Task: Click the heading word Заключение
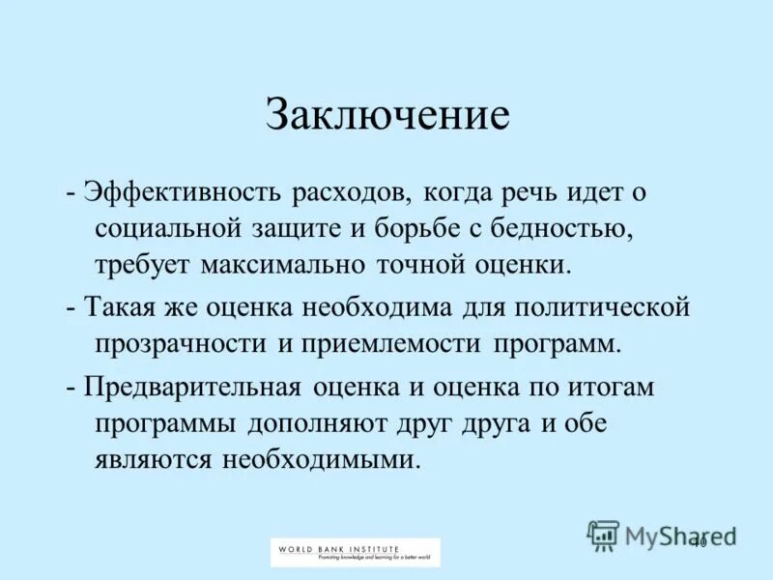[x=387, y=116]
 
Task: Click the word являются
[x=153, y=459]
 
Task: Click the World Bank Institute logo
[x=355, y=552]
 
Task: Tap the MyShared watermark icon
[x=603, y=535]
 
